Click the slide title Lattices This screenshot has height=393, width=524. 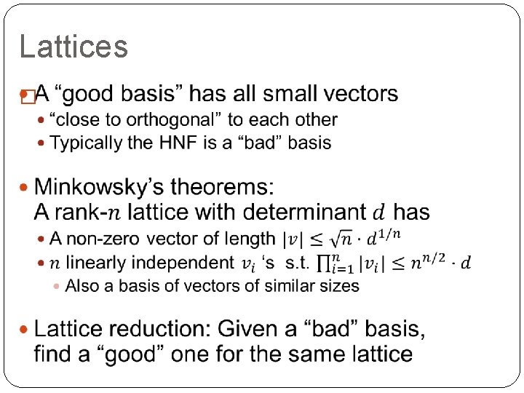click(74, 47)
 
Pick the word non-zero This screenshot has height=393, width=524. click(108, 239)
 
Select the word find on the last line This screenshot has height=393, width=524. click(55, 354)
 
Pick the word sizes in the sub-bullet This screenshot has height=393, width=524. click(336, 286)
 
